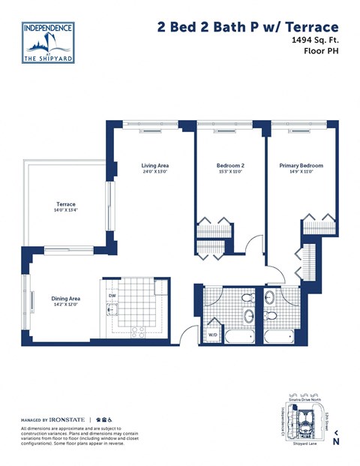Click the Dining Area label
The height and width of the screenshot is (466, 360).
click(65, 298)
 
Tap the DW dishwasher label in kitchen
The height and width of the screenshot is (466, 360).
click(112, 296)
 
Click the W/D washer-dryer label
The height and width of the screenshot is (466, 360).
click(212, 335)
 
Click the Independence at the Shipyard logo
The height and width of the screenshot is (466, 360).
click(49, 42)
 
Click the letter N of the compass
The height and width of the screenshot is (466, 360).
click(337, 442)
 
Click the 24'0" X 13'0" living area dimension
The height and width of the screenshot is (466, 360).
click(155, 172)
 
